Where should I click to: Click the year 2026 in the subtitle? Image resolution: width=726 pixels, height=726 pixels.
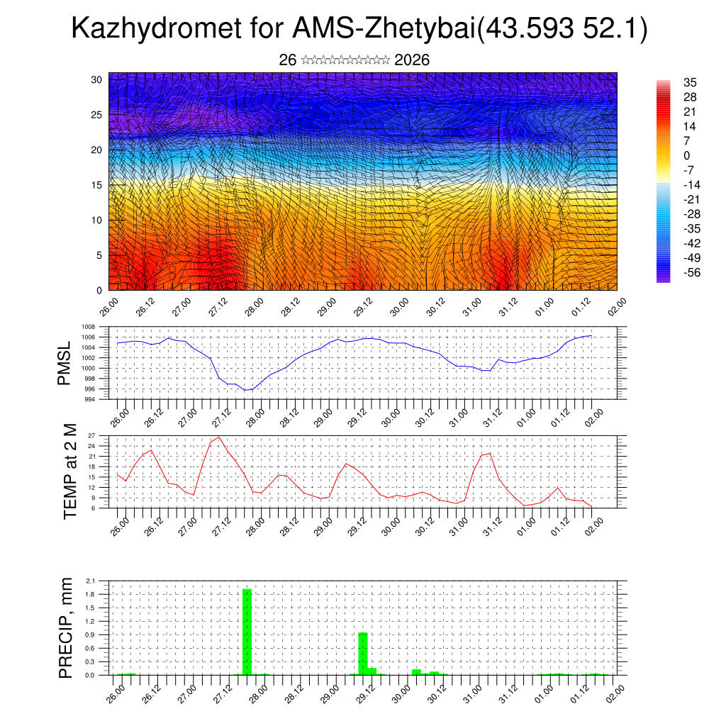[411, 60]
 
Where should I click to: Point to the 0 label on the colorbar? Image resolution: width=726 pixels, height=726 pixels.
[686, 155]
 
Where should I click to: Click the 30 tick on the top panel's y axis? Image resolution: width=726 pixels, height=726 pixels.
[96, 79]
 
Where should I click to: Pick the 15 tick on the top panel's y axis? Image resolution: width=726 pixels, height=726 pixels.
[96, 185]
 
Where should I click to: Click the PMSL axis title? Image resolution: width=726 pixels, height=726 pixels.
[65, 363]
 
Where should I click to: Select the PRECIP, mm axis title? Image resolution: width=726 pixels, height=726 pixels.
[66, 627]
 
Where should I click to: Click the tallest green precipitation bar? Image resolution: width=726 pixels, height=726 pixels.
[247, 631]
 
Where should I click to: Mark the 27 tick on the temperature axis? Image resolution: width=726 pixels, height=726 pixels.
[91, 435]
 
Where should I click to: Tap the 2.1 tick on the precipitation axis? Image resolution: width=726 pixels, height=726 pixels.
[91, 581]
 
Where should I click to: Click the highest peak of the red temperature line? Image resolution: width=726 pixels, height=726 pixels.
[219, 437]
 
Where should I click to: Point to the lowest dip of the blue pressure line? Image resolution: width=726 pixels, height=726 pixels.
[245, 390]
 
